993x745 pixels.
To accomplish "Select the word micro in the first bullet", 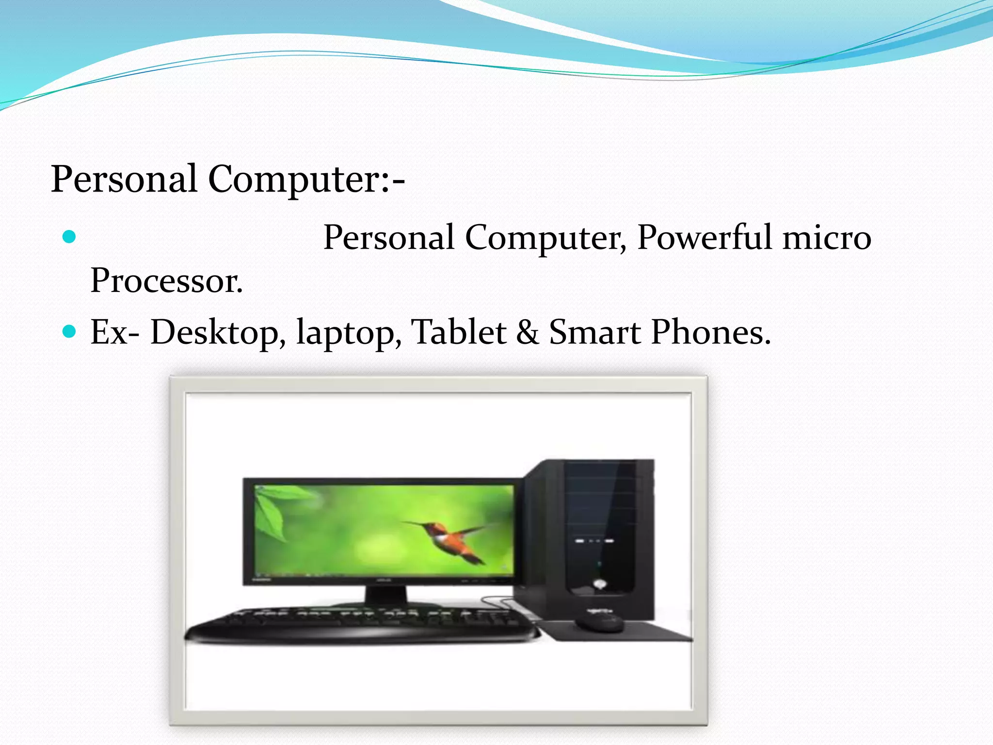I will (827, 238).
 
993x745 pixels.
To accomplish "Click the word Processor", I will (166, 281).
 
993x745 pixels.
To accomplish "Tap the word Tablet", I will (459, 332).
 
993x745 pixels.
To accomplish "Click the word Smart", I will (594, 332).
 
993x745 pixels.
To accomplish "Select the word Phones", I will (710, 332).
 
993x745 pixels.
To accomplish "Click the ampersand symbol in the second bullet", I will (528, 332).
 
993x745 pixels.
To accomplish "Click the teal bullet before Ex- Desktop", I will (70, 331).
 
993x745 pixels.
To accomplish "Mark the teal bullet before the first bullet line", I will (70, 237).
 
